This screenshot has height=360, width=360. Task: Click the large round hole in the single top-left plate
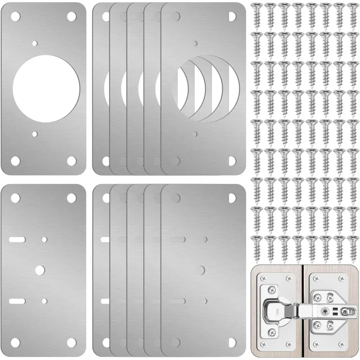[x=46, y=85]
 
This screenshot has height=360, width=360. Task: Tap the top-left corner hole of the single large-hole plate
[x=15, y=16]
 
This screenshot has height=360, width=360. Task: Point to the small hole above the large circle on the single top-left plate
[x=35, y=44]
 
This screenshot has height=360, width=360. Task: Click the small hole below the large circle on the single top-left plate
[x=35, y=134]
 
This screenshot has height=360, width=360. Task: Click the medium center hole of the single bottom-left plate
[x=40, y=269]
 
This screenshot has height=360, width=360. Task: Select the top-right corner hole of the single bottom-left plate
[x=71, y=197]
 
